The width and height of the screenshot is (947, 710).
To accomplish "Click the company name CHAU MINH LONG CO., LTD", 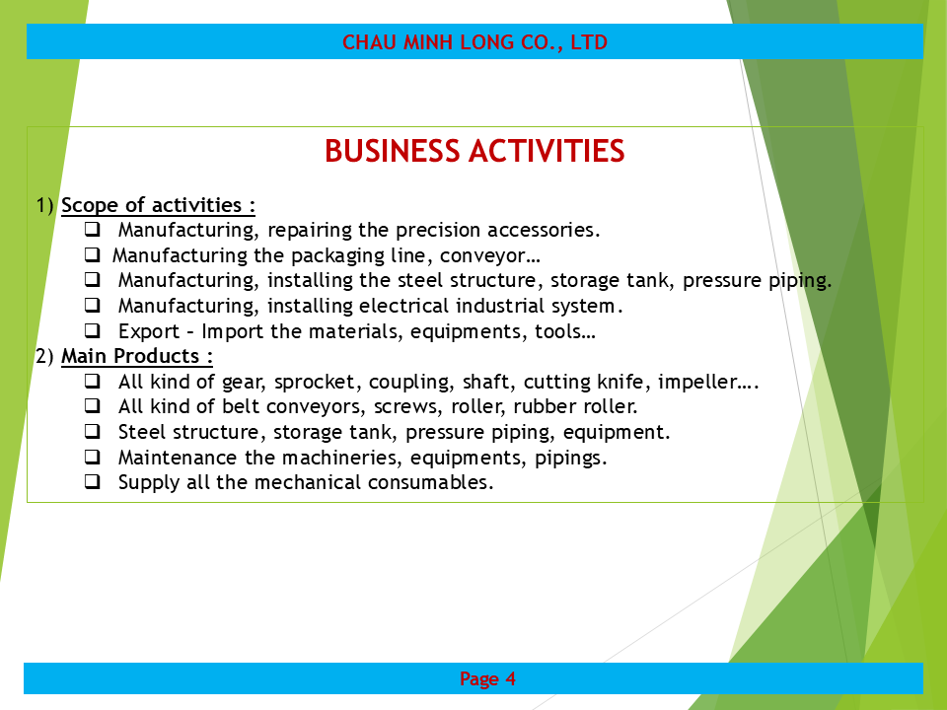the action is pos(474,42).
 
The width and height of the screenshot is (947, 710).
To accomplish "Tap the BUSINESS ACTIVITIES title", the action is pos(474,151).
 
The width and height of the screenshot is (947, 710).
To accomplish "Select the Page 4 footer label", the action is pos(487,679).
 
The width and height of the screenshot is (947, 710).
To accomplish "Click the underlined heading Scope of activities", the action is pos(158,205).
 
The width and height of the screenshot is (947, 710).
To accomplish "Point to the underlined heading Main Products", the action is pos(137,356).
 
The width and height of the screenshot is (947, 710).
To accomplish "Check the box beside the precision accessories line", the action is pos(93,230).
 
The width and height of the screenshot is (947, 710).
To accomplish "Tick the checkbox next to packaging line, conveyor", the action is pos(93,254).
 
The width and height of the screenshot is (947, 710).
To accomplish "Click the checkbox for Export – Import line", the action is pos(93,330).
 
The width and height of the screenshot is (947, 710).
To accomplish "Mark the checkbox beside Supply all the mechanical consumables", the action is pos(93,481).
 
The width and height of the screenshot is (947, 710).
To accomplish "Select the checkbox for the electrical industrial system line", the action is pos(93,305).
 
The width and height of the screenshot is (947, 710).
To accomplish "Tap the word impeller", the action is pos(697,382).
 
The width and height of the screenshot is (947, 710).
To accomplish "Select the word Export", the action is pos(149,332).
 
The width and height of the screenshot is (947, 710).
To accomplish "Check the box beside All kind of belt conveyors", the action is pos(93,405).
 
